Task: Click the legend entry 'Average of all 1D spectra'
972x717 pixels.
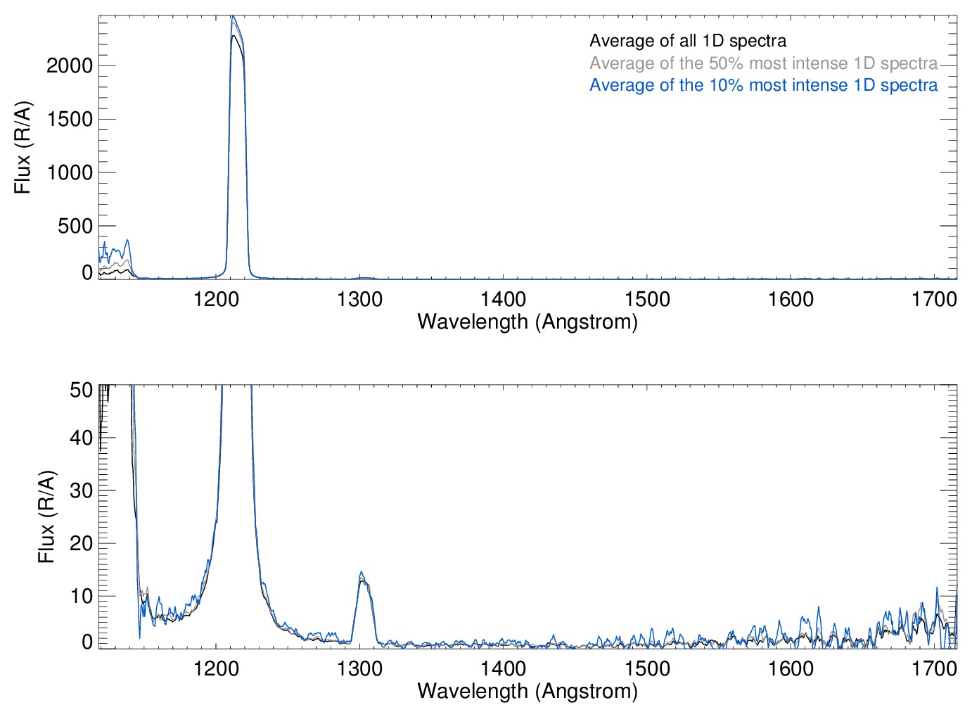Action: pos(687,41)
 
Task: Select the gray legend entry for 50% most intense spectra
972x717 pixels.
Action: pos(763,63)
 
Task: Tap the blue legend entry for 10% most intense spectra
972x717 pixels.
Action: pos(763,85)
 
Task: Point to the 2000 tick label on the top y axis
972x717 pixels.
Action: pos(69,66)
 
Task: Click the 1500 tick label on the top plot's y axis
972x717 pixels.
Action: pos(69,120)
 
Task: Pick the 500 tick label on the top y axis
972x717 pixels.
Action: pos(75,227)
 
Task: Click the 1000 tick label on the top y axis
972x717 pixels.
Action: pos(69,173)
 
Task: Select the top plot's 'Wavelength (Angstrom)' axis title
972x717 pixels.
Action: pos(527,322)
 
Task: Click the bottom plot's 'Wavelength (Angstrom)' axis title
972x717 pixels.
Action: pos(527,691)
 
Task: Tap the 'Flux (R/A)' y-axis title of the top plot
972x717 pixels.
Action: pos(23,148)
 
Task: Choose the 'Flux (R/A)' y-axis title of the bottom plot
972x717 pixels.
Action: pos(46,517)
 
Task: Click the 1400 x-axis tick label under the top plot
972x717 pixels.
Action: pos(504,299)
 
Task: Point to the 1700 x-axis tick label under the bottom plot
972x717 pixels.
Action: pos(934,668)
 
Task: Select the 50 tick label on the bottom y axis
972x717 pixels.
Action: pos(81,390)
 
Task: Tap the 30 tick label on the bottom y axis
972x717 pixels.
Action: pos(81,490)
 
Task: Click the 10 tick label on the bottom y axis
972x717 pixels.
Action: pos(81,596)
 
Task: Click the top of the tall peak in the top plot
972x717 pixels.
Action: pos(233,18)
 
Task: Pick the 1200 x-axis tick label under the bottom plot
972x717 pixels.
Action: pos(216,668)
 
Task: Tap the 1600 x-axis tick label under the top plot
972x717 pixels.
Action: pos(791,299)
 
